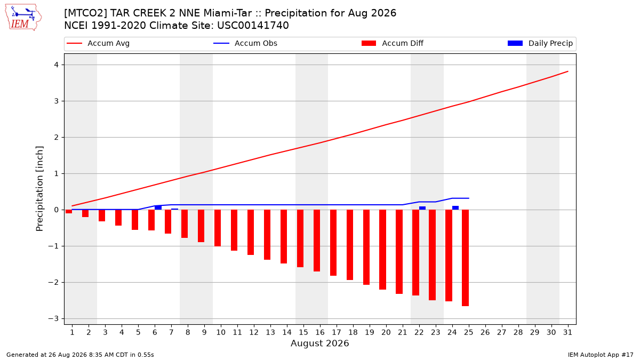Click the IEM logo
(23, 18)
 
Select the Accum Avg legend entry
(98, 43)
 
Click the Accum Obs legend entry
(245, 43)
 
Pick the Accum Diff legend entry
(393, 43)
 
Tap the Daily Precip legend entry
(540, 43)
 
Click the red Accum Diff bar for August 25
(465, 258)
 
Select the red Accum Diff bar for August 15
(300, 238)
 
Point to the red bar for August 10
(218, 228)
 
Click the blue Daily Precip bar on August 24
(455, 208)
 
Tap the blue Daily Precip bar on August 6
(158, 207)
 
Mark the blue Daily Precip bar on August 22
(422, 209)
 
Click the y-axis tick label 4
(56, 65)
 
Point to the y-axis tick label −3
(53, 318)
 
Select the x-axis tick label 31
(567, 332)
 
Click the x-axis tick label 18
(353, 332)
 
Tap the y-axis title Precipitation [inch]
(39, 189)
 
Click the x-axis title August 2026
(319, 343)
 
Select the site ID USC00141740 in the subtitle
(253, 26)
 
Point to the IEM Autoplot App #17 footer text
(601, 355)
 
